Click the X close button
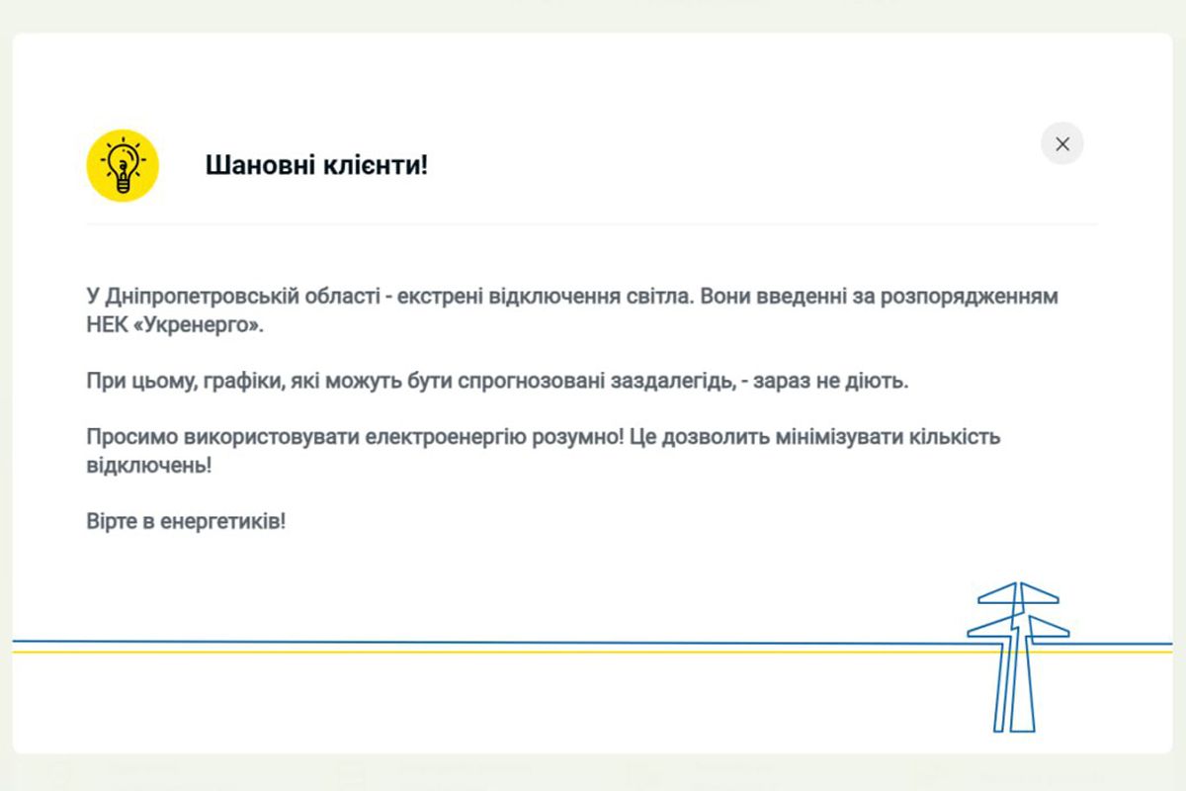coord(1062,144)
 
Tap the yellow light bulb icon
coord(123,165)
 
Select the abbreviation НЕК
coord(106,325)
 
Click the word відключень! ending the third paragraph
coord(148,465)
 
